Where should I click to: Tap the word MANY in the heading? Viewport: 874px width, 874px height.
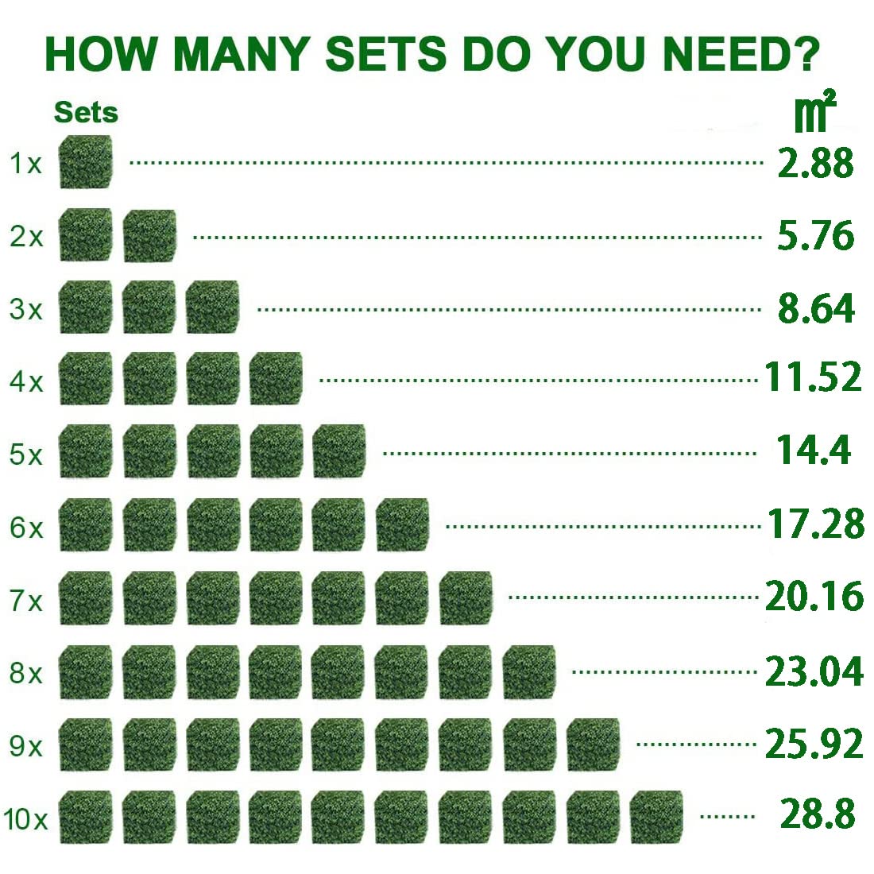[239, 54]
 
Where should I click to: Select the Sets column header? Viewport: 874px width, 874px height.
[86, 113]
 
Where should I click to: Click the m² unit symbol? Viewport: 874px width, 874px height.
[815, 113]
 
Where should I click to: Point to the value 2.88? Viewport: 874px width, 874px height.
[815, 163]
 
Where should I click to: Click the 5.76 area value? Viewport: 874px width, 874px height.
[815, 236]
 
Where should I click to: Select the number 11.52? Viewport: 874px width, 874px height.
[813, 377]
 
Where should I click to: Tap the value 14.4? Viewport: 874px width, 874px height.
[814, 450]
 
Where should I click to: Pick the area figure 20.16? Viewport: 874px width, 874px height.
[814, 597]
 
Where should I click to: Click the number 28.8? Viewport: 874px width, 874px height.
[818, 814]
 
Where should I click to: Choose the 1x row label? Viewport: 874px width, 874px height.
[25, 164]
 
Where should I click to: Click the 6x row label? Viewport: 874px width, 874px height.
[26, 528]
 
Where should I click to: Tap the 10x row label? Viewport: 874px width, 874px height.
[25, 819]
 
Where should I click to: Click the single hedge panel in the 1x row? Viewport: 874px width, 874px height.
[86, 162]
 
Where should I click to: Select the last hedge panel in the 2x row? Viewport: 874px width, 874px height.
[149, 236]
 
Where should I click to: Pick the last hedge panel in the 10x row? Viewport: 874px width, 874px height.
[656, 817]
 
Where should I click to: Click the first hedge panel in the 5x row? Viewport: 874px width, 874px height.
[86, 452]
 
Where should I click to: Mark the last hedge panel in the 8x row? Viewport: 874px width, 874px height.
[529, 672]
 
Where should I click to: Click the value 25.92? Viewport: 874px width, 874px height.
[814, 744]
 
